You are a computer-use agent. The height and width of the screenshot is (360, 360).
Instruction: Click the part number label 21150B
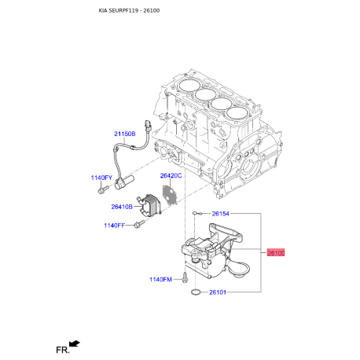[x=124, y=135]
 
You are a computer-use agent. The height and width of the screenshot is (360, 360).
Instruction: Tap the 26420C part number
[x=171, y=175]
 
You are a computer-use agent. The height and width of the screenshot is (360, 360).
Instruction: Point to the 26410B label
[x=121, y=207]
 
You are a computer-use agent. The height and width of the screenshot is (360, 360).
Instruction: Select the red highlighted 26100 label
[x=276, y=253]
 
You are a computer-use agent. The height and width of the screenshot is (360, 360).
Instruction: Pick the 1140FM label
[x=160, y=280]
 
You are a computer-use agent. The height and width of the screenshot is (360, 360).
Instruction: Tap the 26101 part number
[x=218, y=293]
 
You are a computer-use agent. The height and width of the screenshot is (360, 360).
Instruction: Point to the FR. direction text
[x=60, y=347]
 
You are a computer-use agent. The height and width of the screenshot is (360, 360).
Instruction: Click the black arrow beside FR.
[x=75, y=343]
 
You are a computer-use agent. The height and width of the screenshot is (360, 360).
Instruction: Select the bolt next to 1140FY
[x=102, y=189]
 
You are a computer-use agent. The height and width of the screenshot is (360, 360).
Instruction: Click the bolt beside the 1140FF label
[x=139, y=226]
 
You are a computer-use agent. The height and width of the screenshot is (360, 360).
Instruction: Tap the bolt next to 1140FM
[x=183, y=277]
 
